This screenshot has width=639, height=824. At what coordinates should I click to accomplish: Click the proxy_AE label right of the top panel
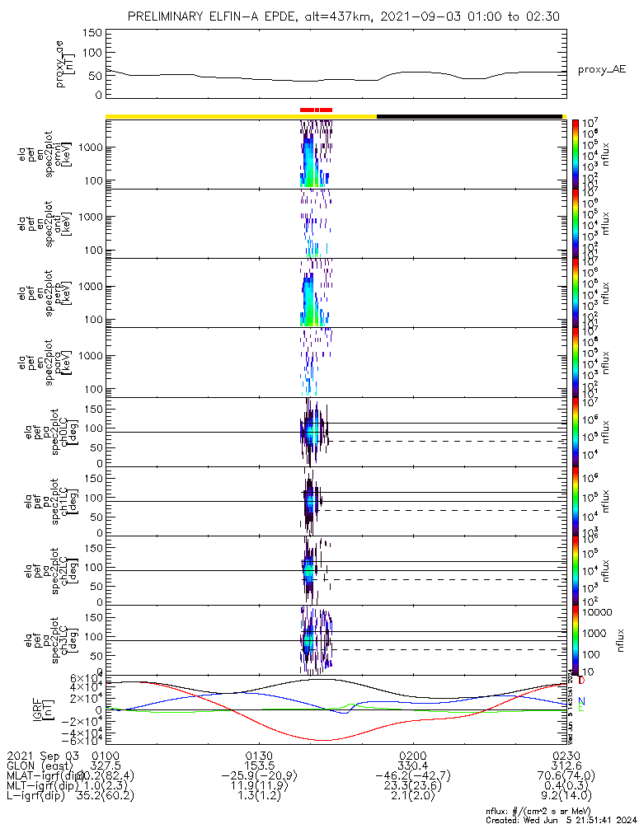601,69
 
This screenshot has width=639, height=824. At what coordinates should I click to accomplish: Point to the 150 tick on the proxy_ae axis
92,33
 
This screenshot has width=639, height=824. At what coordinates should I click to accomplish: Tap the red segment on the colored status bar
316,109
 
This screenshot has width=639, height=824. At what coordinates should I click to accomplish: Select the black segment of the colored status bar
470,116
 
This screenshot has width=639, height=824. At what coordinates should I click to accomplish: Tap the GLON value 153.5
259,766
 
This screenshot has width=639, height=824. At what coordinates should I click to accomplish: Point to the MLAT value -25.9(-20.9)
259,777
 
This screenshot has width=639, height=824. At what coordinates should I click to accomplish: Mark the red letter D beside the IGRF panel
581,681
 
